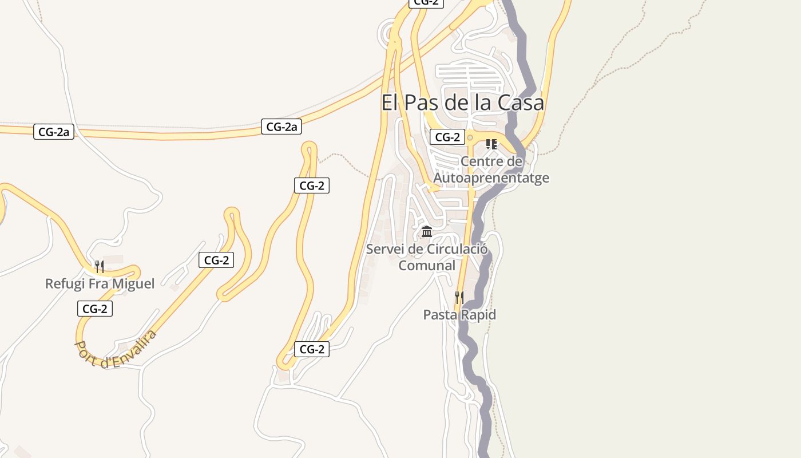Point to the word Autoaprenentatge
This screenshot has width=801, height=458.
pyautogui.click(x=491, y=177)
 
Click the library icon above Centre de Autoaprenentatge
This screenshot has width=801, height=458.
pyautogui.click(x=491, y=144)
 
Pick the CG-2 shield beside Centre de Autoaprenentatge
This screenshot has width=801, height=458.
pyautogui.click(x=447, y=137)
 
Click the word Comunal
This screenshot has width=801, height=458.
pyautogui.click(x=427, y=266)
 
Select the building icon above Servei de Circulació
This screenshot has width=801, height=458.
pyautogui.click(x=427, y=232)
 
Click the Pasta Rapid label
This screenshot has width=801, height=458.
pyautogui.click(x=459, y=314)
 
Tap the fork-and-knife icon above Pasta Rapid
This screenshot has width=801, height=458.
pyautogui.click(x=459, y=298)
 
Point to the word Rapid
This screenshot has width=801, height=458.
pyautogui.click(x=478, y=314)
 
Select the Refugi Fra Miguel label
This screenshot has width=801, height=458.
pyautogui.click(x=100, y=283)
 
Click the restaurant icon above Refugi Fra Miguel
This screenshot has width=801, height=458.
pyautogui.click(x=100, y=266)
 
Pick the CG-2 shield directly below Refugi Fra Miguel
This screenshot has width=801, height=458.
pyautogui.click(x=95, y=309)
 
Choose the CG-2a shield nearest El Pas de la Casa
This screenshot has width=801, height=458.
pyautogui.click(x=281, y=127)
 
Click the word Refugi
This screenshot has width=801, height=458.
pyautogui.click(x=63, y=283)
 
